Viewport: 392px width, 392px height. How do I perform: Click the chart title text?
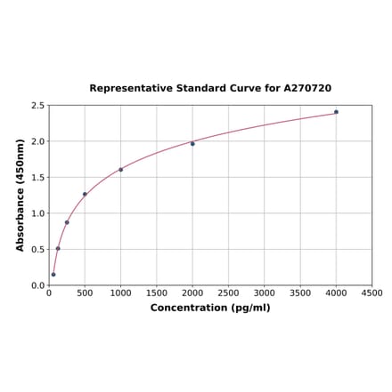[210, 89]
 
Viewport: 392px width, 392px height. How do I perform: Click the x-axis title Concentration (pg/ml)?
[210, 308]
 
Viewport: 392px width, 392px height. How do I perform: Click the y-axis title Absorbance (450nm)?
[20, 195]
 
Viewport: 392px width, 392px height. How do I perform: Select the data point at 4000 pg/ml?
[336, 112]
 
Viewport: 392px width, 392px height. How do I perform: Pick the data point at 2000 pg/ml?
[192, 143]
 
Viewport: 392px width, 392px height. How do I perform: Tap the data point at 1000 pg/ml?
[121, 170]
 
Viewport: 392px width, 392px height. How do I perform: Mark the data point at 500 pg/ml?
[85, 194]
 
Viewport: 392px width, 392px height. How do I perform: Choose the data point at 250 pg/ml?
[67, 222]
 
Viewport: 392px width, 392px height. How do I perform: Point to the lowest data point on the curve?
[53, 275]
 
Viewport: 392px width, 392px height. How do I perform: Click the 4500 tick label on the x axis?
[372, 292]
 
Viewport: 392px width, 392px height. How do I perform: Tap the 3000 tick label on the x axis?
[264, 292]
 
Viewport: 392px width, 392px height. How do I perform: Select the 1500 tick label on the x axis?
[157, 292]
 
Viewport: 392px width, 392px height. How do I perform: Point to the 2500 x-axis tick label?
[228, 292]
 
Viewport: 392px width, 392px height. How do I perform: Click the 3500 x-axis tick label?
[300, 292]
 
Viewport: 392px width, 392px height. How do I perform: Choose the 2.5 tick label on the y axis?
[37, 106]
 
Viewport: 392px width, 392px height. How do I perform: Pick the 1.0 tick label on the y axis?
[37, 213]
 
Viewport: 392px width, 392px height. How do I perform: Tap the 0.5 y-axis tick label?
[37, 250]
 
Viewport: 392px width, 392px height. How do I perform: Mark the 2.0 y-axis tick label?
[37, 141]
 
